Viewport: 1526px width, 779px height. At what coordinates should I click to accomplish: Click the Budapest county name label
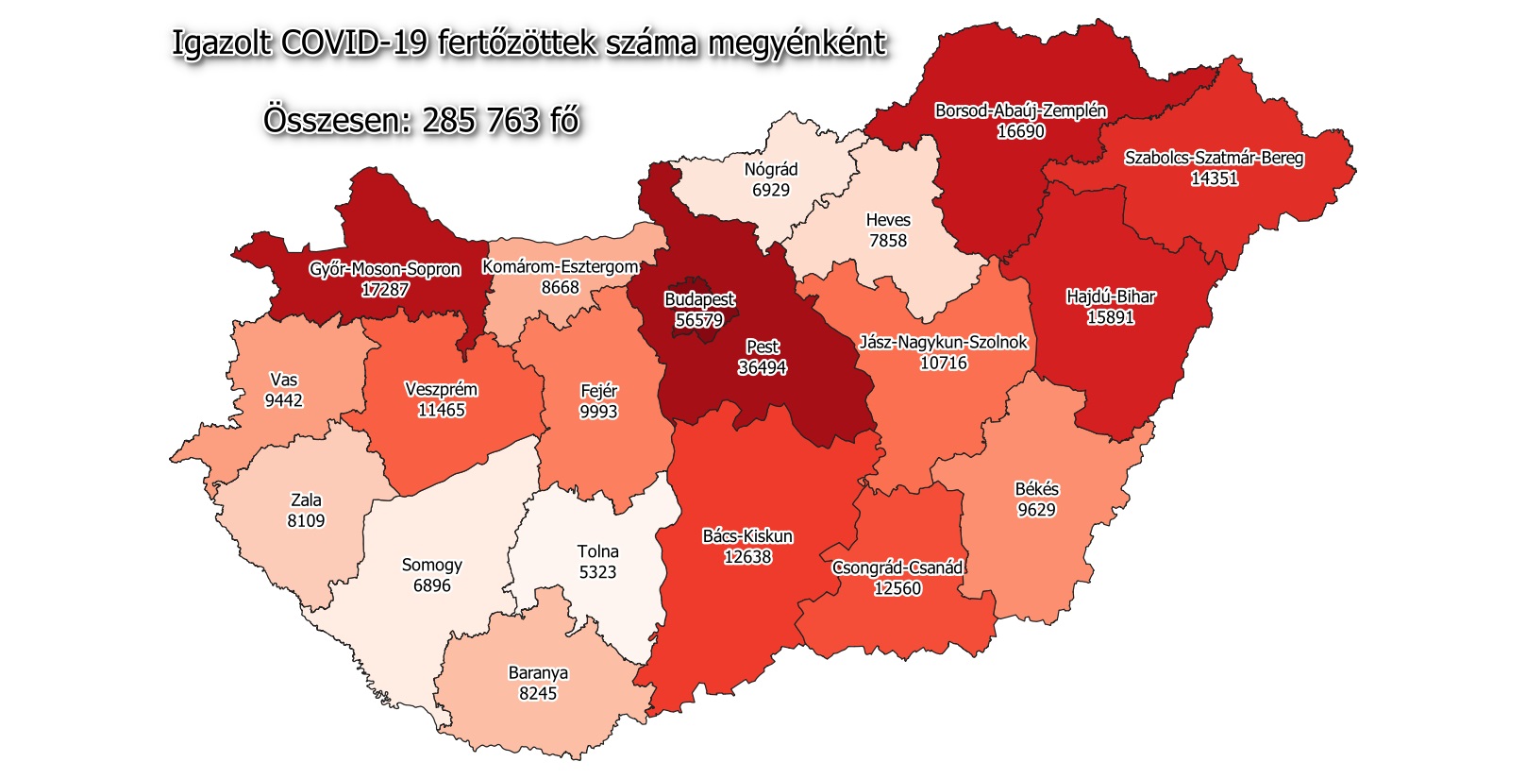pyautogui.click(x=699, y=299)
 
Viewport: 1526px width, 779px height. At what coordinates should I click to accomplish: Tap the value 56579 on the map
pyautogui.click(x=699, y=320)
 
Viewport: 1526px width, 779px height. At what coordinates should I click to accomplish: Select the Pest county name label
pyautogui.click(x=763, y=347)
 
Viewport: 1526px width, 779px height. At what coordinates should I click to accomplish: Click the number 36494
pyautogui.click(x=763, y=367)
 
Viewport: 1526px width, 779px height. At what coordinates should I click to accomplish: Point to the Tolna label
pyautogui.click(x=598, y=551)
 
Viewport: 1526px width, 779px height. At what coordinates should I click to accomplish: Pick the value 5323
pyautogui.click(x=598, y=572)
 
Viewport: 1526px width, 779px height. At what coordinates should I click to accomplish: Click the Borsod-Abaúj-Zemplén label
pyautogui.click(x=1020, y=110)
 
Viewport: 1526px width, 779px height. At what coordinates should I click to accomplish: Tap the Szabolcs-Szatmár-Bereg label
pyautogui.click(x=1214, y=158)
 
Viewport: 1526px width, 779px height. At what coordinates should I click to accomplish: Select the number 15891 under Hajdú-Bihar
pyautogui.click(x=1111, y=317)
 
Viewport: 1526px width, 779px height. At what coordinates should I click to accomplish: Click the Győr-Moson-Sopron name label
pyautogui.click(x=385, y=269)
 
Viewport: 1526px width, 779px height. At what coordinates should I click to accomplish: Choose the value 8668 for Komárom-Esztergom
pyautogui.click(x=561, y=287)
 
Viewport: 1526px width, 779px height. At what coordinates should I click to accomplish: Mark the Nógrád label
pyautogui.click(x=771, y=169)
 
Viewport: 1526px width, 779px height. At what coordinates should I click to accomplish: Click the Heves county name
pyautogui.click(x=888, y=220)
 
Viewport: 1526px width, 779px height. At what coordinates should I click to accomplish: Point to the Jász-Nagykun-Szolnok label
pyautogui.click(x=943, y=342)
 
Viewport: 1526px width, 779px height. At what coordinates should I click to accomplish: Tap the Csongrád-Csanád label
pyautogui.click(x=897, y=567)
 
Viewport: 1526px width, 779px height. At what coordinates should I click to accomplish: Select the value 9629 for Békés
pyautogui.click(x=1036, y=510)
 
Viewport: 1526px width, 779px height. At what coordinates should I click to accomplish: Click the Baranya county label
pyautogui.click(x=538, y=673)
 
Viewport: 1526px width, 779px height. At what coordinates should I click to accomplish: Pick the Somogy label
pyautogui.click(x=432, y=565)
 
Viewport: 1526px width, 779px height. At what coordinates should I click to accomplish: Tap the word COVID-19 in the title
pyautogui.click(x=355, y=43)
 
